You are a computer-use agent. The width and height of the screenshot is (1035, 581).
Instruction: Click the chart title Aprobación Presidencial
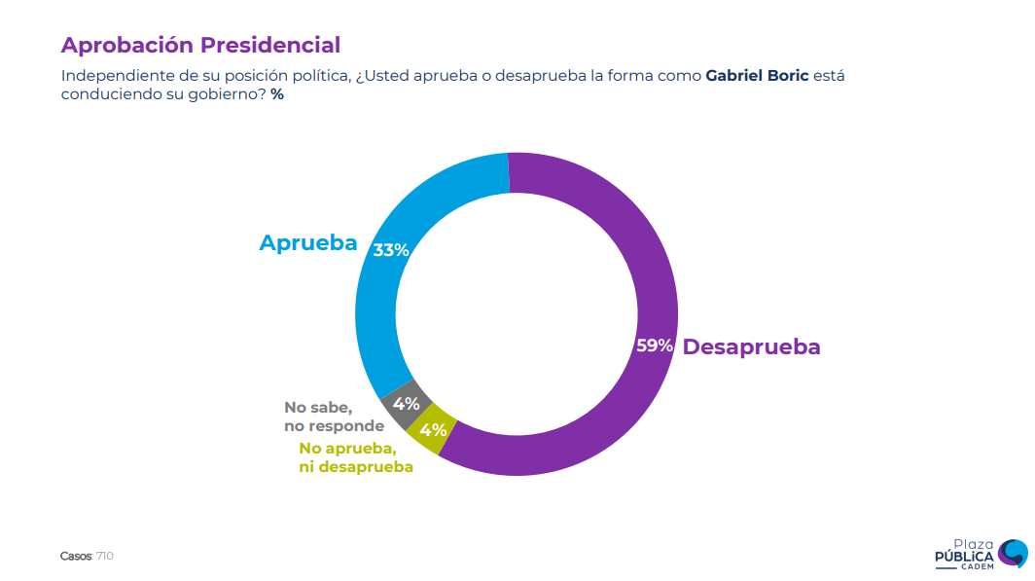pyautogui.click(x=200, y=45)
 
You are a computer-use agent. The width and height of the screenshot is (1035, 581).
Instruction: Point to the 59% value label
pyautogui.click(x=655, y=345)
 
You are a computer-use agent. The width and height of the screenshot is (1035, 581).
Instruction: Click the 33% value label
pyautogui.click(x=391, y=250)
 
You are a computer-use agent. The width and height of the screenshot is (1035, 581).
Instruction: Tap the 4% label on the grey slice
pyautogui.click(x=406, y=403)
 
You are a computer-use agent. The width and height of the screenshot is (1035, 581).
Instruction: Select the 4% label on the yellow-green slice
pyautogui.click(x=432, y=428)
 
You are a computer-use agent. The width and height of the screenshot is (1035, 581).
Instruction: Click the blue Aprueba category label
pyautogui.click(x=308, y=242)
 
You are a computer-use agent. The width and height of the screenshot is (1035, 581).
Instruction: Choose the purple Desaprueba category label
pyautogui.click(x=751, y=346)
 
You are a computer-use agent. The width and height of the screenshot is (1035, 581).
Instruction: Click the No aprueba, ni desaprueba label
pyautogui.click(x=355, y=457)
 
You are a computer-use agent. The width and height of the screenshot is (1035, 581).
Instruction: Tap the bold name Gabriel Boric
pyautogui.click(x=757, y=75)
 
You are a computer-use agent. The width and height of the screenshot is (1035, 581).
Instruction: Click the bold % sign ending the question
pyautogui.click(x=277, y=94)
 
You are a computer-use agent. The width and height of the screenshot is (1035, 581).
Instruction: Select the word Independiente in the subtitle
pyautogui.click(x=109, y=75)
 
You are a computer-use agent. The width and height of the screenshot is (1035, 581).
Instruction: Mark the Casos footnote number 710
pyautogui.click(x=105, y=556)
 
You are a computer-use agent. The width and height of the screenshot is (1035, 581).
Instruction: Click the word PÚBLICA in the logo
pyautogui.click(x=964, y=557)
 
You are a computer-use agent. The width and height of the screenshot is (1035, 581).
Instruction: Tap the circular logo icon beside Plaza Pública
pyautogui.click(x=1013, y=553)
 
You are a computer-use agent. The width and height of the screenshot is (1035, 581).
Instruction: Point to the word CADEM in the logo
pyautogui.click(x=977, y=567)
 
